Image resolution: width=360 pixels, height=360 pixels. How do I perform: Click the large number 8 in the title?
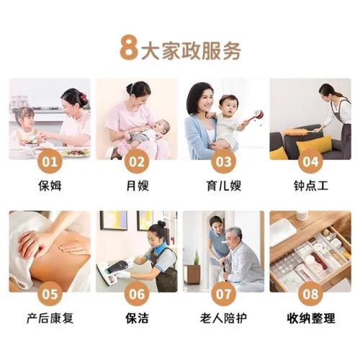click(129, 48)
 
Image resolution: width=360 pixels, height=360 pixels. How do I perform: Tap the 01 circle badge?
click(50, 161)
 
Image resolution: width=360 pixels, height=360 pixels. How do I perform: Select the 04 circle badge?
click(310, 161)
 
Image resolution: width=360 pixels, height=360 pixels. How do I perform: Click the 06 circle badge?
click(137, 294)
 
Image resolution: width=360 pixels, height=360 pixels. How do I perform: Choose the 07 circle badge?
click(224, 294)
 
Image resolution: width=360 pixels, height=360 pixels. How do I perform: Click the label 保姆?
click(50, 186)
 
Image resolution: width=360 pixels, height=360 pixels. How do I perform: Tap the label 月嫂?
click(138, 186)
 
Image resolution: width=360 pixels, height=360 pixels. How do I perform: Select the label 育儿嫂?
click(224, 186)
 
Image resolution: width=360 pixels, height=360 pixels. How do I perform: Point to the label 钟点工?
click(311, 186)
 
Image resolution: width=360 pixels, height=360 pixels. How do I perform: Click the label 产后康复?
click(50, 318)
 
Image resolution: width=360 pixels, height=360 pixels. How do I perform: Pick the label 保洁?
click(137, 318)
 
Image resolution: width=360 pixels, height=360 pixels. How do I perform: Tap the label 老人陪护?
click(224, 318)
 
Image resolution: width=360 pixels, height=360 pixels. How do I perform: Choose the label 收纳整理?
click(311, 318)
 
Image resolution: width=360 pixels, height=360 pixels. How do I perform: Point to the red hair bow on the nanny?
click(83, 96)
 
